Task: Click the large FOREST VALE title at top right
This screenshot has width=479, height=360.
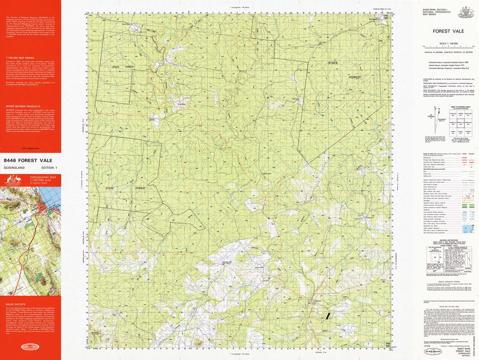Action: [x=449, y=31]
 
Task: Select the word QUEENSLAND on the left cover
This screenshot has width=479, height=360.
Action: [x=14, y=167]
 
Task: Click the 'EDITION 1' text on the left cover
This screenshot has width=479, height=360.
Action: [x=50, y=167]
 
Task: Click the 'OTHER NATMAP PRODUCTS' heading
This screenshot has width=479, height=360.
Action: [x=21, y=107]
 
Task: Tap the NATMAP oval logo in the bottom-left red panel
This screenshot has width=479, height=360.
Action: [x=30, y=346]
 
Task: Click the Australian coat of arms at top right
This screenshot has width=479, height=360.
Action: [x=466, y=12]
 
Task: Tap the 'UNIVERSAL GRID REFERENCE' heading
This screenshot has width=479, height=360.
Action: [x=449, y=240]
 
